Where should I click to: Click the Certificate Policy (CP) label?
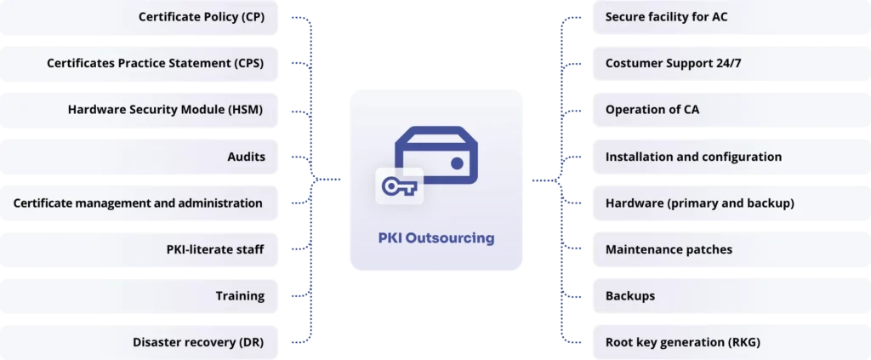pyautogui.click(x=201, y=17)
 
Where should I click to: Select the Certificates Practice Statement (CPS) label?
pyautogui.click(x=155, y=63)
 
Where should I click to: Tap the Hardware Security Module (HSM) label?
pyautogui.click(x=165, y=110)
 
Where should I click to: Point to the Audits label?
pyautogui.click(x=246, y=157)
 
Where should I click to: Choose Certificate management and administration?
pyautogui.click(x=138, y=203)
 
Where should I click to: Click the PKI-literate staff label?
pyautogui.click(x=215, y=249)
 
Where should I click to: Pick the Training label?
pyautogui.click(x=240, y=296)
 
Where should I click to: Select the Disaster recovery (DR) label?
pyautogui.click(x=198, y=342)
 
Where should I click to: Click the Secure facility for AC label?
pyautogui.click(x=666, y=17)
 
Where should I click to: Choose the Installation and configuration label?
pyautogui.click(x=693, y=157)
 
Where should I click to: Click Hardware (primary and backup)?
pyautogui.click(x=699, y=203)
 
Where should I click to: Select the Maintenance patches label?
pyautogui.click(x=669, y=249)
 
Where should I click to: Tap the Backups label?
pyautogui.click(x=629, y=296)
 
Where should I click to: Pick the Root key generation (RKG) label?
pyautogui.click(x=682, y=342)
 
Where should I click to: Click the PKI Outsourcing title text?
pyautogui.click(x=435, y=238)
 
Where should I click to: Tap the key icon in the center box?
pyautogui.click(x=399, y=186)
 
